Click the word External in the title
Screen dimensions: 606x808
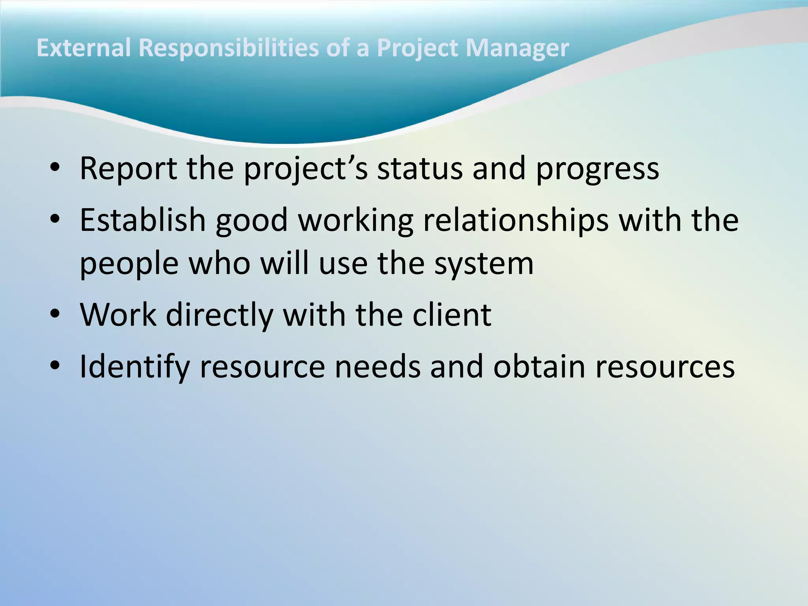coord(83,48)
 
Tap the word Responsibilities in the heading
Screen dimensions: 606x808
coord(229,48)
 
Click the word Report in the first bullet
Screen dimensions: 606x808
coord(129,168)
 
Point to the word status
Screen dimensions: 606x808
coord(419,168)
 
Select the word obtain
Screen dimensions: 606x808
coord(539,366)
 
